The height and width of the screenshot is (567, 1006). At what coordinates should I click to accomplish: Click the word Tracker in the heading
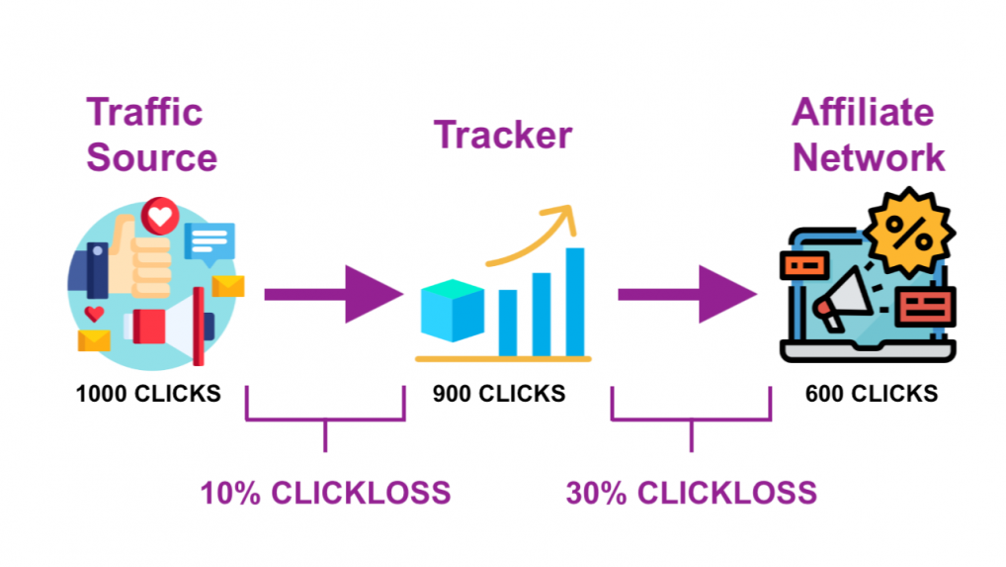pos(503,135)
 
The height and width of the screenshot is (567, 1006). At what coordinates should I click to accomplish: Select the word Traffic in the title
pos(144,112)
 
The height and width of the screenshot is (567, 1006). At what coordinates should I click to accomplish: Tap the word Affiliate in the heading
pos(863,112)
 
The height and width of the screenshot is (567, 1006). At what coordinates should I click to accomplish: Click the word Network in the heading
pos(869,157)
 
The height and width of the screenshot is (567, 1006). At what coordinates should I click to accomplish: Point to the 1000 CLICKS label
pos(148,394)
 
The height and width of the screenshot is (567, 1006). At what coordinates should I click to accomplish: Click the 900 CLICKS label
pos(499,394)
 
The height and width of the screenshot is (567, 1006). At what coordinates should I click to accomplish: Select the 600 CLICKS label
pos(872,394)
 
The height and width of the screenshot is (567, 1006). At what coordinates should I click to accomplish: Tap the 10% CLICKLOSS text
pos(326,493)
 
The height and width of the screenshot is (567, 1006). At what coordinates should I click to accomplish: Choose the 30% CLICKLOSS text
pos(692,493)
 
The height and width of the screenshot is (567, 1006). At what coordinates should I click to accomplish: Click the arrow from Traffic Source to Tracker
pos(334,294)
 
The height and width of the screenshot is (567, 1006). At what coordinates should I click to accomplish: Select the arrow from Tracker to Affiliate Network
pos(687,294)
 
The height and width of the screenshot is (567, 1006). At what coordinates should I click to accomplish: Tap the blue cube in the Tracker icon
pos(453,310)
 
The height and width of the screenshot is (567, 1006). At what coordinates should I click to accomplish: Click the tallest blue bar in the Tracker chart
pos(575,302)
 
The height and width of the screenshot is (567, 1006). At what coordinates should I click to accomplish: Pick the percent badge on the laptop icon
pos(908,233)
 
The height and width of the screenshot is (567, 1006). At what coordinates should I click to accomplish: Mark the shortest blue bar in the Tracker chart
pos(508,323)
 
